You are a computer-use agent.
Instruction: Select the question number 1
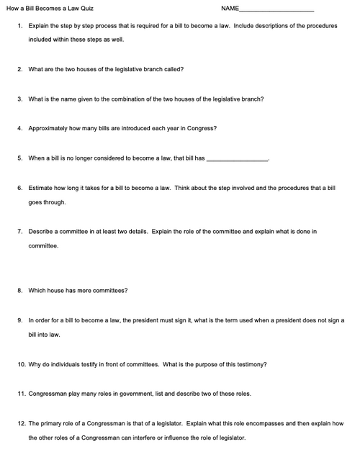(19, 25)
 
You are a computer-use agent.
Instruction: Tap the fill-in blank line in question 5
(237, 159)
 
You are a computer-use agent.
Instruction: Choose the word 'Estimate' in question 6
(41, 188)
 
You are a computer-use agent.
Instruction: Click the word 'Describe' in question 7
(42, 232)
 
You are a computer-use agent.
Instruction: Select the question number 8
(19, 291)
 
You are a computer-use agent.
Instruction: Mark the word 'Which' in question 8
(37, 291)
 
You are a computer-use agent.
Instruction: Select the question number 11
(21, 394)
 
